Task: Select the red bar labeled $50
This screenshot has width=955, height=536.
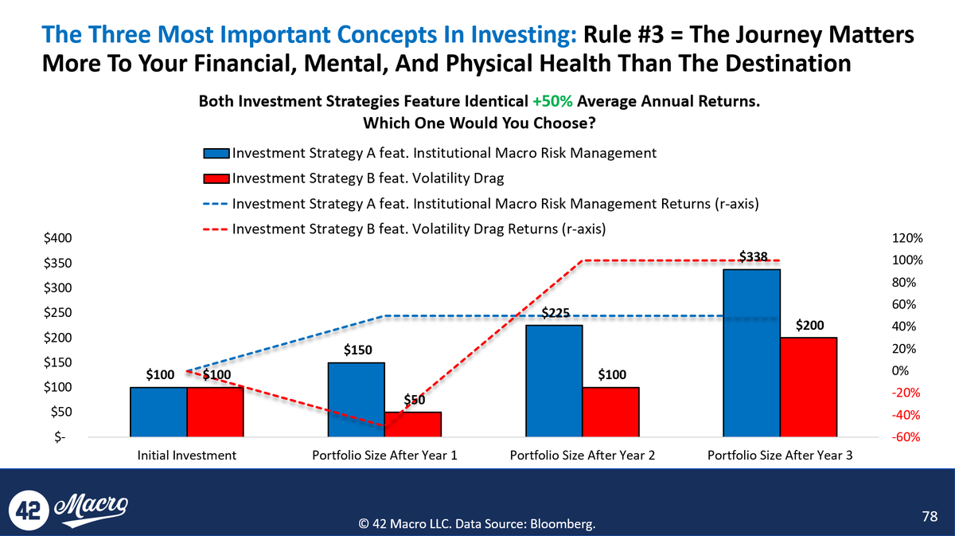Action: click(413, 424)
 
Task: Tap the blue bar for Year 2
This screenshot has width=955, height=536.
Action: click(554, 380)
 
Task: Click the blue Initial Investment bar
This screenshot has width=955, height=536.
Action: click(158, 411)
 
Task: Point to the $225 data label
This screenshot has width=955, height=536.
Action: click(555, 314)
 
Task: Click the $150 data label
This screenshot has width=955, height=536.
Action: click(358, 350)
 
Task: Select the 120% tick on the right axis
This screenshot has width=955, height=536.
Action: click(907, 238)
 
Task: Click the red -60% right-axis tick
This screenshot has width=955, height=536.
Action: click(907, 437)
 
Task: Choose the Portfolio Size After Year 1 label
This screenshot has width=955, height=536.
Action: click(384, 456)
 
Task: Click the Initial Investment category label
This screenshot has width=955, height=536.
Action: click(186, 456)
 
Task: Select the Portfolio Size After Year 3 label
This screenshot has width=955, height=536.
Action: click(780, 456)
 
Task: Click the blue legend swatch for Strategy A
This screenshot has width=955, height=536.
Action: click(216, 154)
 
